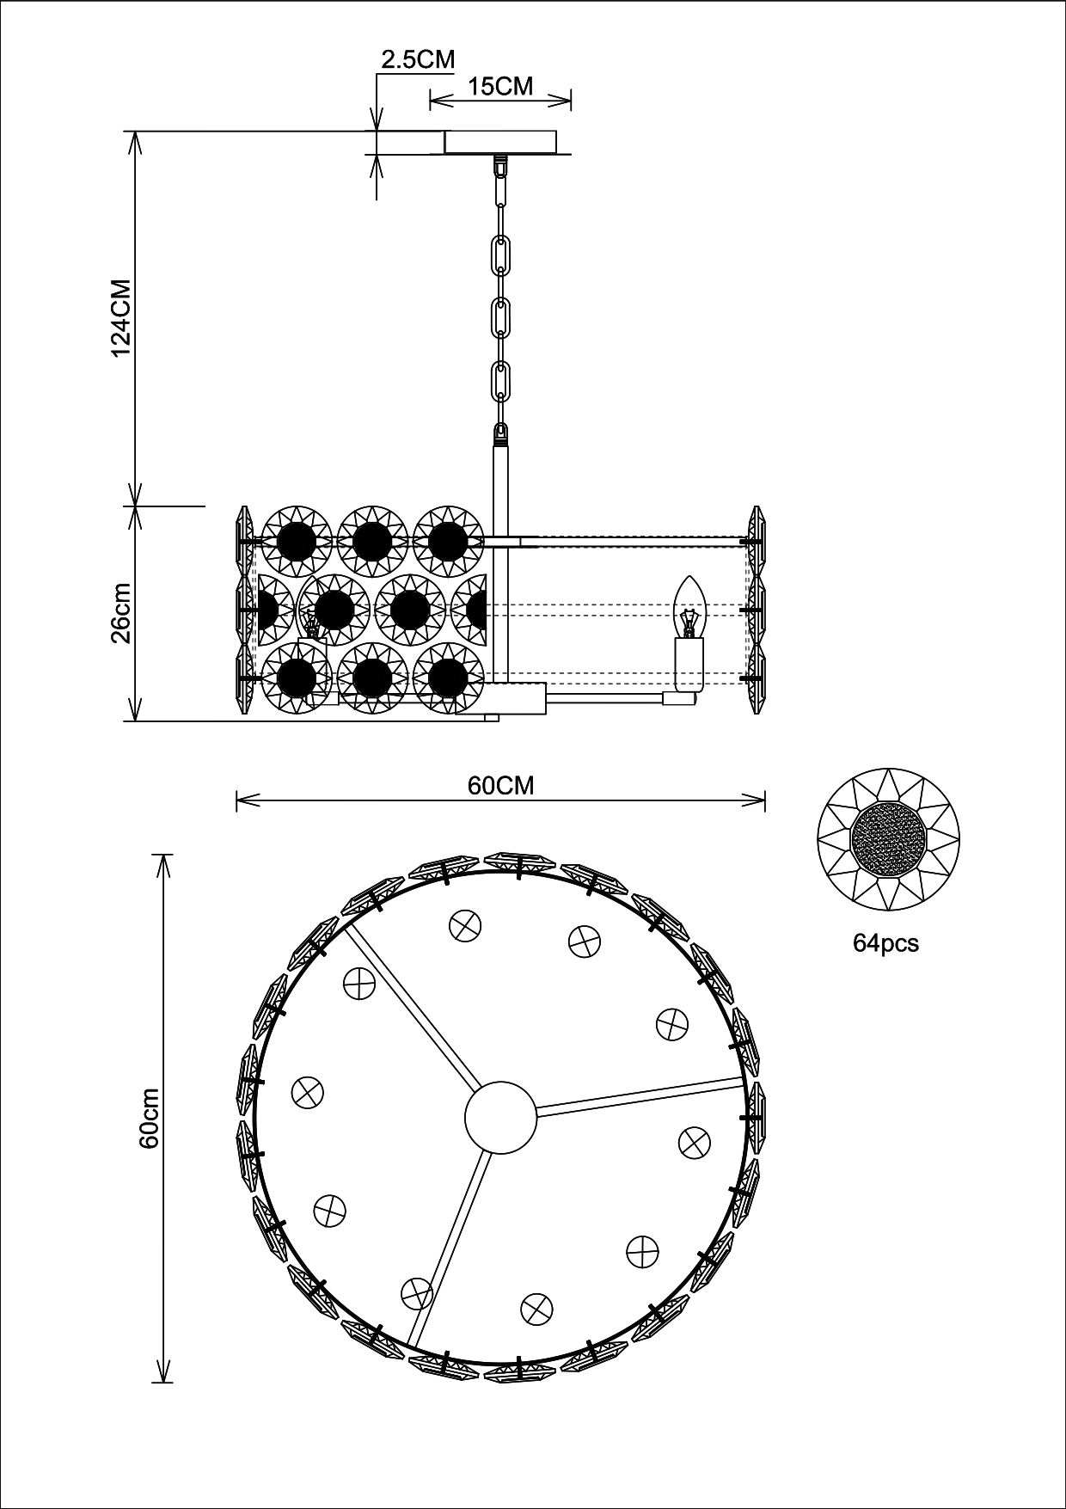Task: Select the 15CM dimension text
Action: (x=500, y=86)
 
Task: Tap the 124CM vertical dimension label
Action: (x=119, y=318)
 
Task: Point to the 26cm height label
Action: (x=119, y=613)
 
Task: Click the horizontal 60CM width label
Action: (x=500, y=785)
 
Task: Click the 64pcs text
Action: (x=885, y=943)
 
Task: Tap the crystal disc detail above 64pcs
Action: (x=888, y=842)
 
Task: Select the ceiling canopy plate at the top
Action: (x=500, y=142)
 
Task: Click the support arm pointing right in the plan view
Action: (x=640, y=1098)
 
